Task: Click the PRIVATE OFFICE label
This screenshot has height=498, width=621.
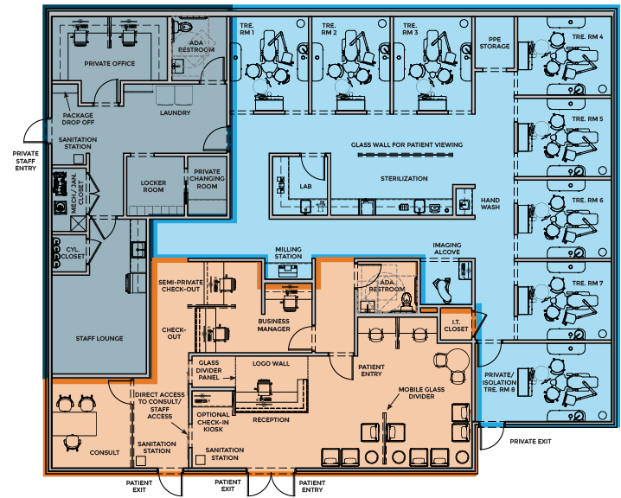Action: [x=109, y=64]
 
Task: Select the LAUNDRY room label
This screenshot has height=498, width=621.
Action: [x=175, y=112]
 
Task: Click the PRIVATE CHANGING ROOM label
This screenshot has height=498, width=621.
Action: [x=207, y=179]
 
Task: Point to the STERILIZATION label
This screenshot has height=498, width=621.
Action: [x=404, y=178]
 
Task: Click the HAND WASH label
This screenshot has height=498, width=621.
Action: [x=490, y=203]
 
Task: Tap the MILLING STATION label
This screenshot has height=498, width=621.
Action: [x=288, y=252]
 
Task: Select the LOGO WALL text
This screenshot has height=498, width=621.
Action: [x=269, y=363]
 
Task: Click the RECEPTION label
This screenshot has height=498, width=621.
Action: [x=270, y=419]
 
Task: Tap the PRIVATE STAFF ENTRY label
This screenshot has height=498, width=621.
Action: [x=26, y=162]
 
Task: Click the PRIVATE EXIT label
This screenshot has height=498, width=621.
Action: [x=530, y=441]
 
